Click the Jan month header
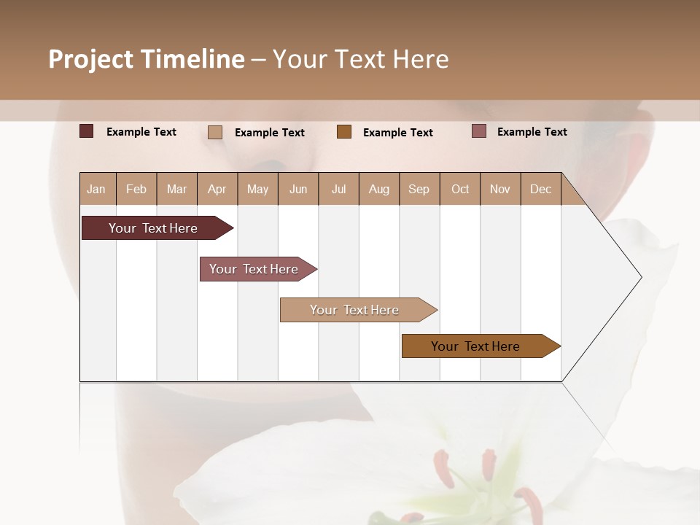[97, 189]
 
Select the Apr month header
[217, 189]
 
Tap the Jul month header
[338, 189]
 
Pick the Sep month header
[419, 189]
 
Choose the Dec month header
[540, 189]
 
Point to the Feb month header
[136, 189]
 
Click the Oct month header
[460, 189]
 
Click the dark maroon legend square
[86, 131]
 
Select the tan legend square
[215, 132]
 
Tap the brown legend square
[344, 131]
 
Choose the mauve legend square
[478, 131]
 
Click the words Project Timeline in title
[147, 59]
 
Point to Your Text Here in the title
[361, 59]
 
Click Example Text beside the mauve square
[532, 132]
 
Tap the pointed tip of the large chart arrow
[639, 277]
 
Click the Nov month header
[500, 189]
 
